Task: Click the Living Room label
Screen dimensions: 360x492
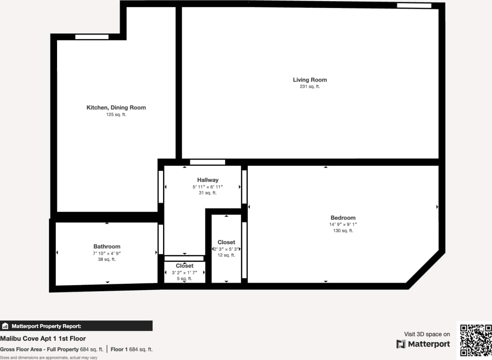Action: click(x=310, y=80)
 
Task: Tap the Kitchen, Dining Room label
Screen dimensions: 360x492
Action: click(x=116, y=108)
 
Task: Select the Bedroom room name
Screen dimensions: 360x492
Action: click(x=343, y=218)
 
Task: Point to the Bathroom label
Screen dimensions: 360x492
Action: click(x=107, y=246)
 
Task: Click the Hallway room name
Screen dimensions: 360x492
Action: click(x=208, y=180)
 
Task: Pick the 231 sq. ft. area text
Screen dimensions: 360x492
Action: click(x=310, y=86)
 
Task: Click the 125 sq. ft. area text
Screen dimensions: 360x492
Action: click(x=116, y=115)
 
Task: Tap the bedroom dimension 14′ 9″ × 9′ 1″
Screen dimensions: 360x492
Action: click(x=343, y=224)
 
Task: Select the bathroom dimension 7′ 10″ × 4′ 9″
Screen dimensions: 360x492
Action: click(x=107, y=253)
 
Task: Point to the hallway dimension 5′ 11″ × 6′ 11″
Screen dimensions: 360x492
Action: click(x=208, y=187)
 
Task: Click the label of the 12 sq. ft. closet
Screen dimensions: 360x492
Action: click(x=226, y=242)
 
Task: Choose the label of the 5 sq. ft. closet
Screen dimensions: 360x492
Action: click(x=185, y=266)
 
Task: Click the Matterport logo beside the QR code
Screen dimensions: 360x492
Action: click(x=423, y=344)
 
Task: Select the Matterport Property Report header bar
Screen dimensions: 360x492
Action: click(x=76, y=326)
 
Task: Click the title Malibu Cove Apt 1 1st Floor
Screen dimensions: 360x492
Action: click(x=43, y=338)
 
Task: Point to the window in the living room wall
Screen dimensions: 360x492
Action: click(x=414, y=5)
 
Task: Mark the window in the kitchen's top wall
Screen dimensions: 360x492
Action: click(x=92, y=37)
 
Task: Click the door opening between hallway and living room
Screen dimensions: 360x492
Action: click(x=207, y=162)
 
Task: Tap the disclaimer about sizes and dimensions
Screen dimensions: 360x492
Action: click(x=49, y=357)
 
